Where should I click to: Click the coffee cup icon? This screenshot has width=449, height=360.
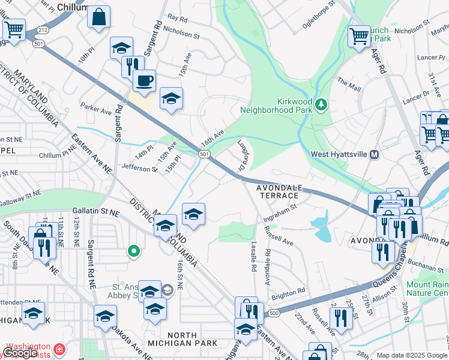[144, 80]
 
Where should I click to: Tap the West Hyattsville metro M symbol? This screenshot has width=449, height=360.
[375, 154]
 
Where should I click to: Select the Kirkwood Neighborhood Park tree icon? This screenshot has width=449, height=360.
[322, 105]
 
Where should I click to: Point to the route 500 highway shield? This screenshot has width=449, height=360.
[274, 313]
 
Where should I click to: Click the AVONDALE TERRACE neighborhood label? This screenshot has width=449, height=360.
[278, 191]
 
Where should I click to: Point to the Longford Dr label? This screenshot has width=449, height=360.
[244, 154]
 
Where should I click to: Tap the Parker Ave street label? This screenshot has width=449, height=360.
[96, 112]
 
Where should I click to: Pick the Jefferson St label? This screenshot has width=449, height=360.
[139, 169]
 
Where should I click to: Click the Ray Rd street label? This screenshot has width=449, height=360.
[178, 19]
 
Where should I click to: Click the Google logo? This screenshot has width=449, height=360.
[20, 353]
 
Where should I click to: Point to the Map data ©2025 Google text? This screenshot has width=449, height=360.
[411, 355]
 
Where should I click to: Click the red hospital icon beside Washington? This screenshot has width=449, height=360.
[59, 349]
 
